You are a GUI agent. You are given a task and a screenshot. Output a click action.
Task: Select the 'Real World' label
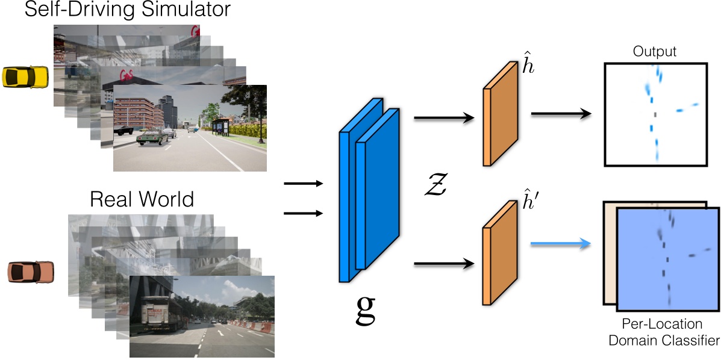click(142, 199)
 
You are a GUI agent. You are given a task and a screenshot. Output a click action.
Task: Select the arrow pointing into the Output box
click(561, 112)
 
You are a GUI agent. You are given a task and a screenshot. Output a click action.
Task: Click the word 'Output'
click(654, 52)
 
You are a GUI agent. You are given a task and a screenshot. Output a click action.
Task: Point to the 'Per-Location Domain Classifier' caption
click(663, 332)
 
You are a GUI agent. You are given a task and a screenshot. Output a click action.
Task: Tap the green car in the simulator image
click(151, 137)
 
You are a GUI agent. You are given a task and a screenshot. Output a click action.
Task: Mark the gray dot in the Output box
click(655, 114)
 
